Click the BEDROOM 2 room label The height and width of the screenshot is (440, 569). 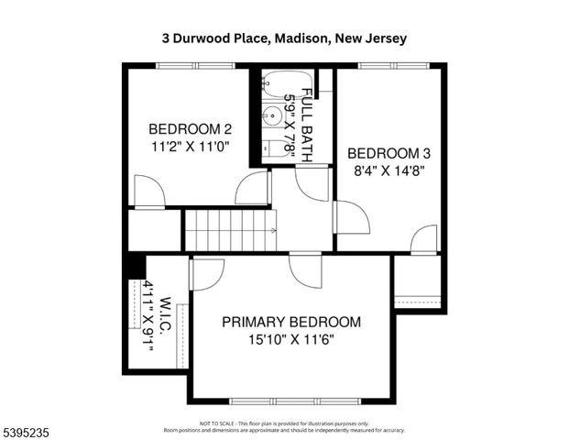[x=190, y=128]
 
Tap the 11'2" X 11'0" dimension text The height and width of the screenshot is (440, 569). [x=190, y=145]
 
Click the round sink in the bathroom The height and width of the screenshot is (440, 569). [x=273, y=116]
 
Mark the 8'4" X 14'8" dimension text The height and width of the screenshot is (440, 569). [x=388, y=170]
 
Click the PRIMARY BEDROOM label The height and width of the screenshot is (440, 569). [x=291, y=323]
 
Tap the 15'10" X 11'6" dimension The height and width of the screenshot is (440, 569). [x=291, y=340]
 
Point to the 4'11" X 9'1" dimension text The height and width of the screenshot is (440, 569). [x=148, y=320]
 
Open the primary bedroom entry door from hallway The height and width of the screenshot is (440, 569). [x=306, y=269]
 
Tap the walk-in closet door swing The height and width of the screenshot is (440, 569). [x=205, y=273]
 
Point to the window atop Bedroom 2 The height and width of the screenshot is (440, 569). [x=188, y=65]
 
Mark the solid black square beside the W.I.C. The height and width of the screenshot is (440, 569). [x=135, y=265]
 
